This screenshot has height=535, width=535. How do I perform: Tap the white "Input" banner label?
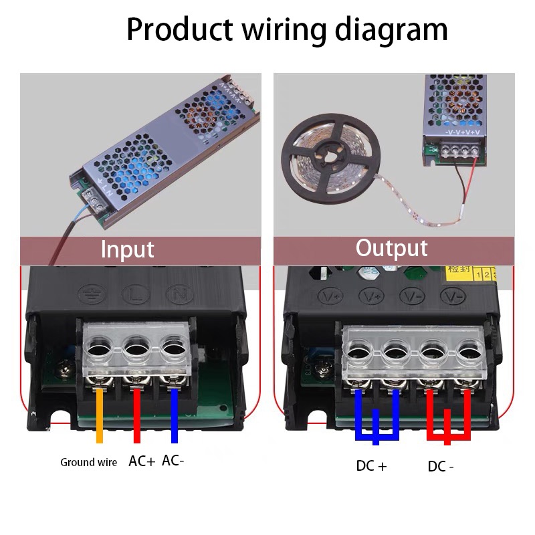tap(127, 249)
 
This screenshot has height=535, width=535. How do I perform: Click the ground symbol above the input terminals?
tap(90, 292)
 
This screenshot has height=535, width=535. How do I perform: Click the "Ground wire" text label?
tap(88, 462)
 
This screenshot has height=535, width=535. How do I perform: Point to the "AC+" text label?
tap(142, 461)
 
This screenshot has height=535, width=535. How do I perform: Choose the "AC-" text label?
tap(173, 461)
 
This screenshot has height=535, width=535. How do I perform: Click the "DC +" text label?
tap(371, 466)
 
